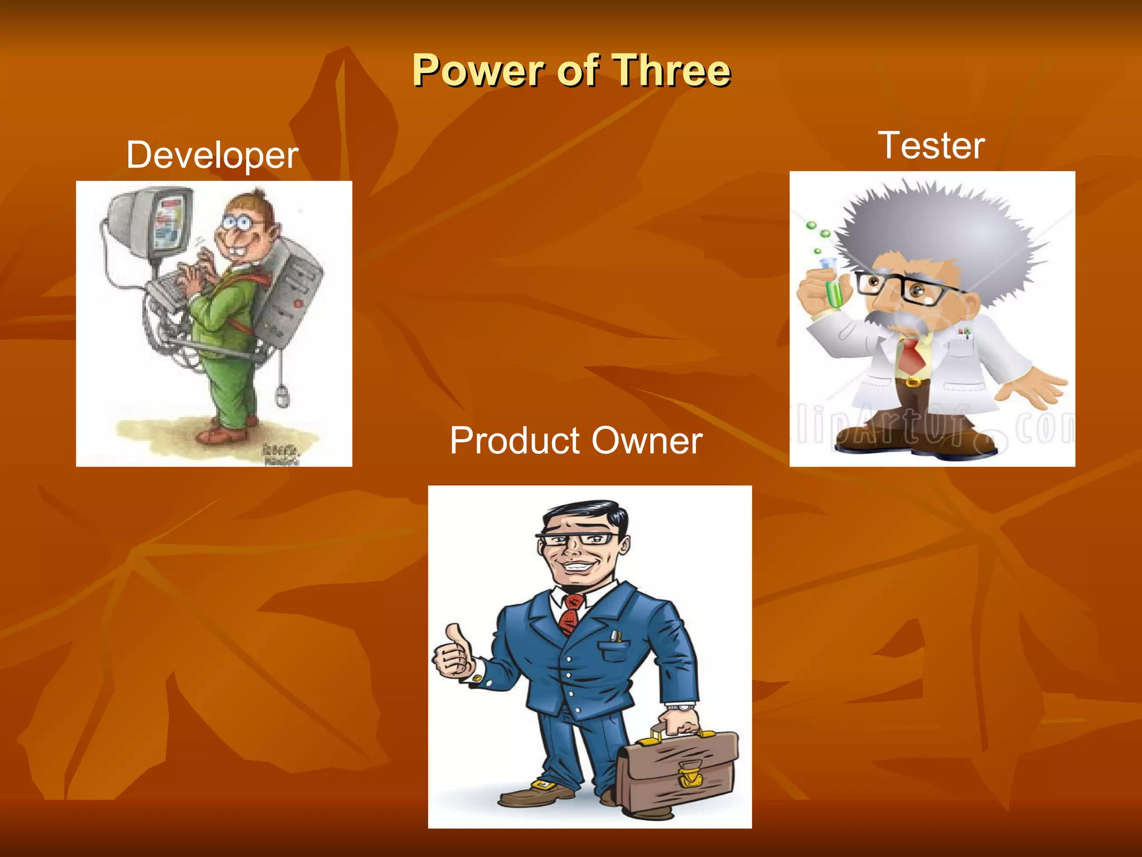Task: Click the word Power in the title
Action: tap(478, 71)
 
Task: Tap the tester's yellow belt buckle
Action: tap(912, 382)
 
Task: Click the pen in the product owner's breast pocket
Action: tap(615, 636)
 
